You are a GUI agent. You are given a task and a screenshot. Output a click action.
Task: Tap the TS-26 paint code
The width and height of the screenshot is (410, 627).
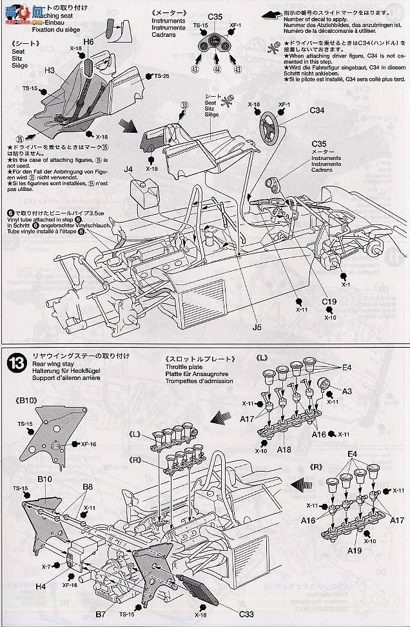click(161, 76)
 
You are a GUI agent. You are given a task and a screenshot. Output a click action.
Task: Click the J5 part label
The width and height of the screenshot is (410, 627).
click(257, 327)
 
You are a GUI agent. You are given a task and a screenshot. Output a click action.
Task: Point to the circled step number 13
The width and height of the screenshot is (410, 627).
click(15, 363)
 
